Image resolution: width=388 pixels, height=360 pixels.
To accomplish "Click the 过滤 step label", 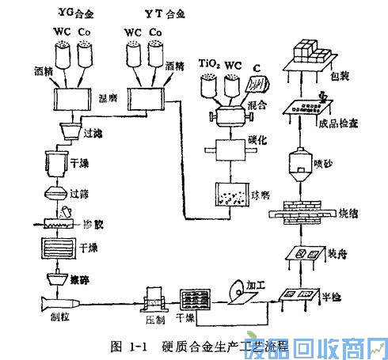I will pyautogui.click(x=93, y=135).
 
